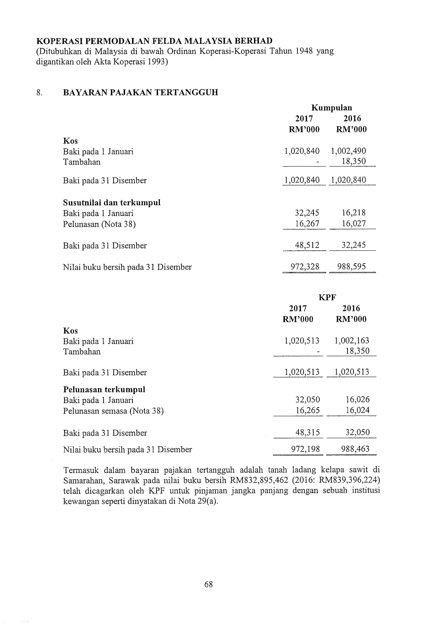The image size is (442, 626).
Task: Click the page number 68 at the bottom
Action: (208, 584)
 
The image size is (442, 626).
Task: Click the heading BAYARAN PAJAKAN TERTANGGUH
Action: (140, 93)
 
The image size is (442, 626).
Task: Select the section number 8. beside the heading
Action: (40, 93)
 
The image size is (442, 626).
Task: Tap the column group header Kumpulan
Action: (331, 108)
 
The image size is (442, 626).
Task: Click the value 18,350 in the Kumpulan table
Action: (354, 162)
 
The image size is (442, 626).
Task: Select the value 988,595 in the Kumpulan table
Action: (352, 267)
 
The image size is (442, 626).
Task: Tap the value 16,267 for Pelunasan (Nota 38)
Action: (307, 224)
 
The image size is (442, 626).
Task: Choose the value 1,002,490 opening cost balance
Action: (349, 151)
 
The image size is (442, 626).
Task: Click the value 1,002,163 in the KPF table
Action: (352, 341)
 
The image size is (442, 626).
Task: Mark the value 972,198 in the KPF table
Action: (305, 449)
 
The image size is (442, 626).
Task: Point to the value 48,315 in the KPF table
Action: (307, 433)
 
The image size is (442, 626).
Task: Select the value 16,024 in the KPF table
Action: (357, 411)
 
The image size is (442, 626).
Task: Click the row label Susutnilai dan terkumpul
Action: (112, 202)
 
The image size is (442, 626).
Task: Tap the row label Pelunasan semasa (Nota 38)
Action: (113, 411)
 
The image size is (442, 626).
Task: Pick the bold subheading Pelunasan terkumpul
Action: (104, 390)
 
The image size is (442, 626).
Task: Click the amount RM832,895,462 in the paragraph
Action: (259, 481)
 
